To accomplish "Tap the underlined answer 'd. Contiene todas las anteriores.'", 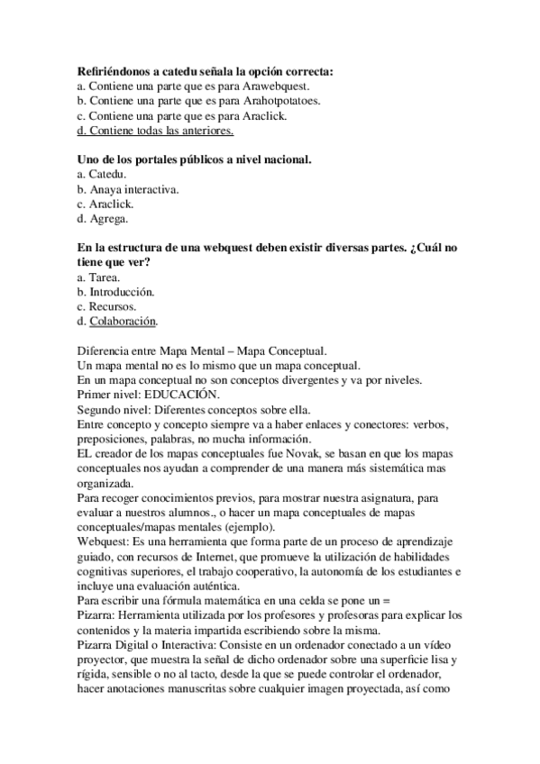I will coord(156,131).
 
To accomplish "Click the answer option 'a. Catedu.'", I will coord(103,175).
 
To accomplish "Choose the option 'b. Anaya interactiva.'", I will coord(128,190).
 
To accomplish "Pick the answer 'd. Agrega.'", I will coord(103,220).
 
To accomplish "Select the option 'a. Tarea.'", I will coord(100,278).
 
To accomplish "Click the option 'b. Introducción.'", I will coord(116,293).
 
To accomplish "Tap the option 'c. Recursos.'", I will coord(106,307).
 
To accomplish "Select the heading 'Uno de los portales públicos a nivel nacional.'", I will coord(195,159).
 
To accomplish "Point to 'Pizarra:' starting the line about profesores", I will coord(97,614).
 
